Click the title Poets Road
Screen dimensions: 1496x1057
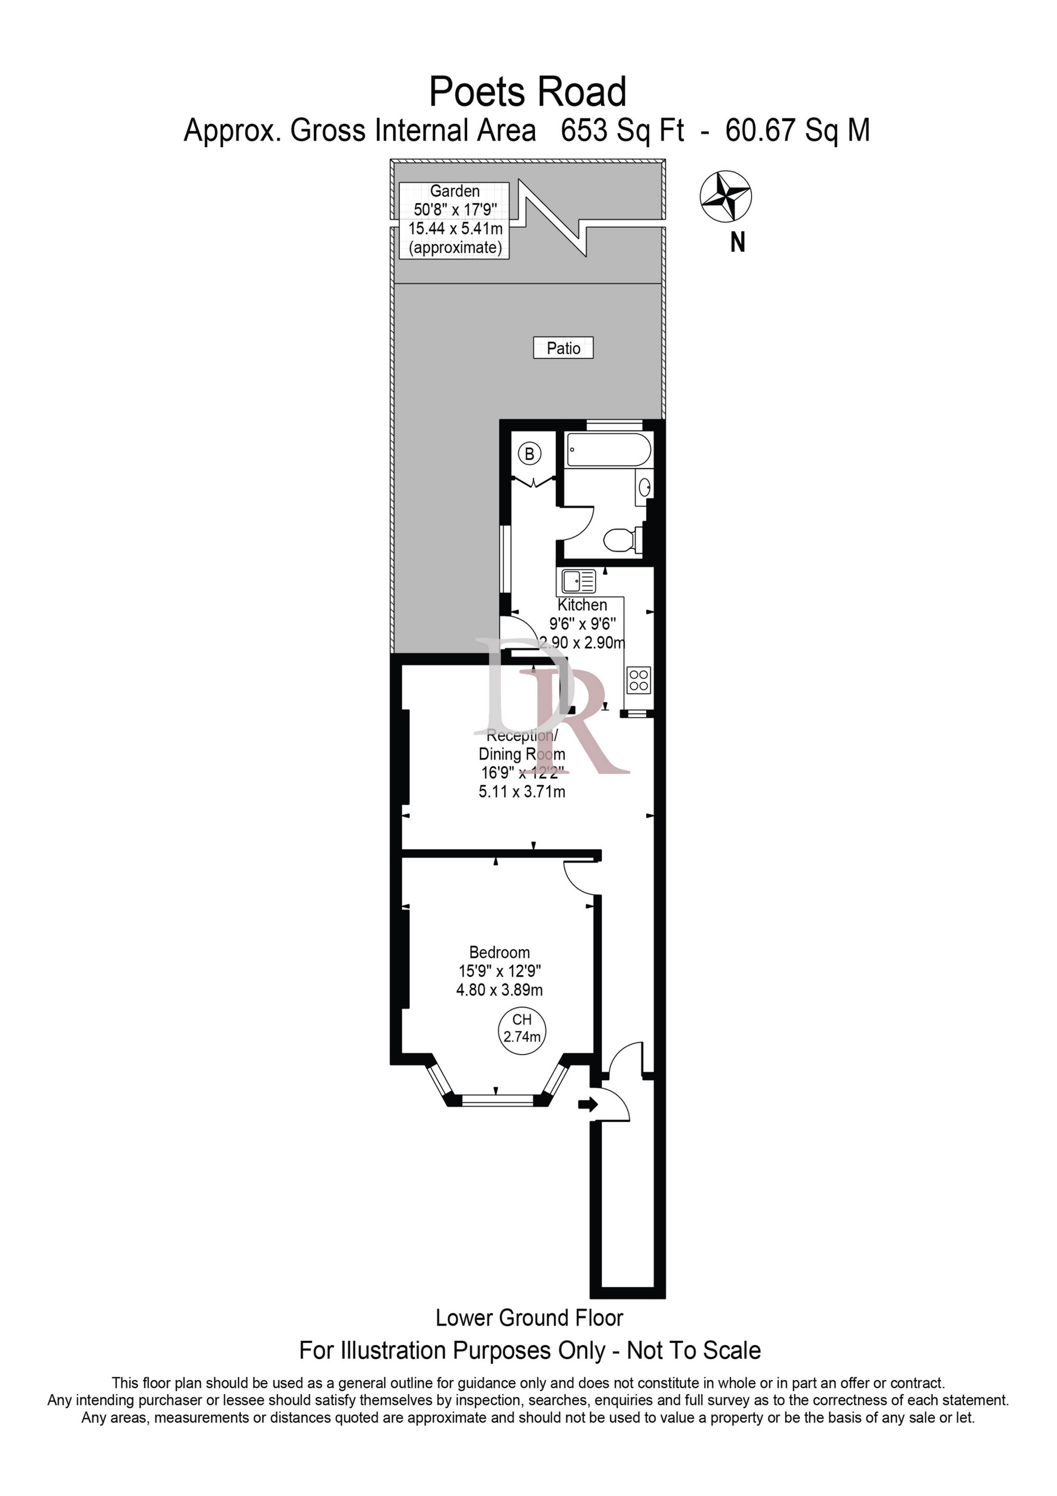tap(528, 92)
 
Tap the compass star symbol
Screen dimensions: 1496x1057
tap(726, 195)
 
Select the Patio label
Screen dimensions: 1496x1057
tap(563, 348)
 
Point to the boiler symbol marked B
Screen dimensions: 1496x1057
tap(529, 453)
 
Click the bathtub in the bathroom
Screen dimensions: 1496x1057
tap(608, 450)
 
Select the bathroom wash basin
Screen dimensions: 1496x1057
tap(644, 487)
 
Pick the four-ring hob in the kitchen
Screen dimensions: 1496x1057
tap(638, 680)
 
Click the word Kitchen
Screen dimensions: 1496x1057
tap(582, 605)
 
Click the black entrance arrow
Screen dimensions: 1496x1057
tap(587, 1104)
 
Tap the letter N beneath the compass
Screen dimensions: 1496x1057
tap(737, 242)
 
